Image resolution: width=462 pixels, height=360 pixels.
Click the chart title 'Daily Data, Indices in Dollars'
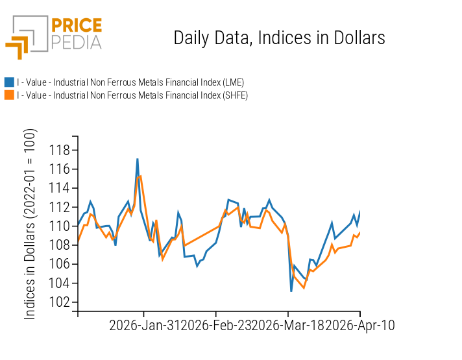[x=279, y=38]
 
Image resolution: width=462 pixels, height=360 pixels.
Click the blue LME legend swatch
[x=9, y=82]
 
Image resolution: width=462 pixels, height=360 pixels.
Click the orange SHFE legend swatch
[x=9, y=95]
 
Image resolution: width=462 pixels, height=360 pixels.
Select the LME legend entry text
[x=130, y=82]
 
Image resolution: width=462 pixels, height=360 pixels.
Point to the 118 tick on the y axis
[x=60, y=150]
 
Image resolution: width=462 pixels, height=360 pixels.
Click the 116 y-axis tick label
[x=60, y=169]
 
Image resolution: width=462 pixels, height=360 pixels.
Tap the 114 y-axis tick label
[x=60, y=188]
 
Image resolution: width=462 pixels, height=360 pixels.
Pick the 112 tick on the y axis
[x=60, y=208]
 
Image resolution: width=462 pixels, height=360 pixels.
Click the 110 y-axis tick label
[x=60, y=226]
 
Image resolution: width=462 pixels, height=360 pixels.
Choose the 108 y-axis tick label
[x=60, y=245]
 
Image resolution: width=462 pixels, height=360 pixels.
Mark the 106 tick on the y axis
[x=60, y=264]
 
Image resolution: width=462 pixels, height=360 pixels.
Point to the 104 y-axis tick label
[x=60, y=283]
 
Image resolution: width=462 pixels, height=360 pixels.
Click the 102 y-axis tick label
[x=60, y=302]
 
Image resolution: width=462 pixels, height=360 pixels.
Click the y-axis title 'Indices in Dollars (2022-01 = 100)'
[x=30, y=224]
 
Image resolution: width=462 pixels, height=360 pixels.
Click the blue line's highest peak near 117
[x=138, y=159]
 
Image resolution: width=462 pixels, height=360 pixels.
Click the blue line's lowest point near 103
[x=291, y=291]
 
